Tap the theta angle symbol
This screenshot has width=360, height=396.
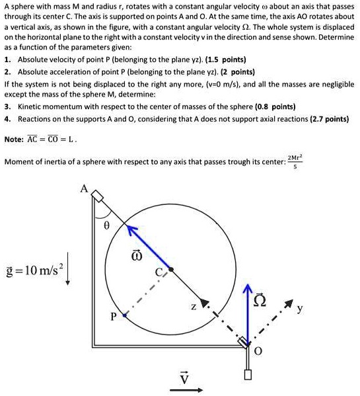pos(105,225)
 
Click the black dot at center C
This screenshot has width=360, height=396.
pos(170,270)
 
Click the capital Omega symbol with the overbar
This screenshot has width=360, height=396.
pos(264,305)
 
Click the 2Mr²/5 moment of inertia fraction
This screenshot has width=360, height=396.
pos(295,160)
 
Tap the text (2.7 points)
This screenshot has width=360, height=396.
pos(329,119)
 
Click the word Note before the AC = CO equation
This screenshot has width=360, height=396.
pos(13,139)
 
